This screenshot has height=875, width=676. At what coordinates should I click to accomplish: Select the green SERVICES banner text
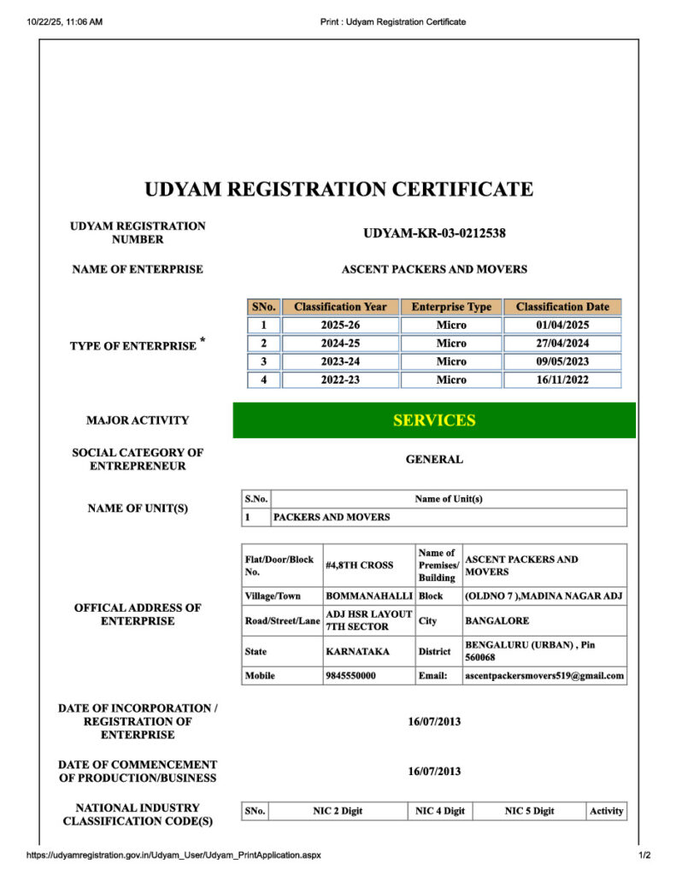click(434, 420)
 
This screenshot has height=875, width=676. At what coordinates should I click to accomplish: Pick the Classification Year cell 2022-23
click(340, 380)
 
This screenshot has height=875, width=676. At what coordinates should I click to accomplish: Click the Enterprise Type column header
click(451, 307)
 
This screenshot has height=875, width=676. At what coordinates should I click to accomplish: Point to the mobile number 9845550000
click(350, 676)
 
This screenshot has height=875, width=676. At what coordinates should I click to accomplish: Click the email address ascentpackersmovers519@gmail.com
click(544, 676)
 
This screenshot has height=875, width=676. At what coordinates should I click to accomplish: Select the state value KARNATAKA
click(357, 651)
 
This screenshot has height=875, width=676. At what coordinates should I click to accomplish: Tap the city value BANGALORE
click(497, 621)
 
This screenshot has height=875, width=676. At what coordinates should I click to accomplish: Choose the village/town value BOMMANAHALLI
click(368, 596)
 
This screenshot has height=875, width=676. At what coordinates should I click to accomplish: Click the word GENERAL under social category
click(434, 460)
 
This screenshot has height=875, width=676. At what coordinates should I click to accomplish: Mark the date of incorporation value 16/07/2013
click(434, 722)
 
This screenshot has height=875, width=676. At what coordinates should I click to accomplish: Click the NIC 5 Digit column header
click(529, 811)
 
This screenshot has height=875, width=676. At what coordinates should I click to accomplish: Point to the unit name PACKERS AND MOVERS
click(332, 517)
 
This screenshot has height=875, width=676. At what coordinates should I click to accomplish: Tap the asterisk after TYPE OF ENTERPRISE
click(203, 341)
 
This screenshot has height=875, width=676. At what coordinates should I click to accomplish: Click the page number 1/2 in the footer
click(644, 854)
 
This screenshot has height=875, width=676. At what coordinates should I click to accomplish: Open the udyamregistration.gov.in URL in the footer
click(174, 854)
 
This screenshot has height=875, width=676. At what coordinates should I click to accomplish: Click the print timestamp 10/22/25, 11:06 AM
click(65, 21)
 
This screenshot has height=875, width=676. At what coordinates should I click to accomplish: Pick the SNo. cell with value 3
click(263, 361)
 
